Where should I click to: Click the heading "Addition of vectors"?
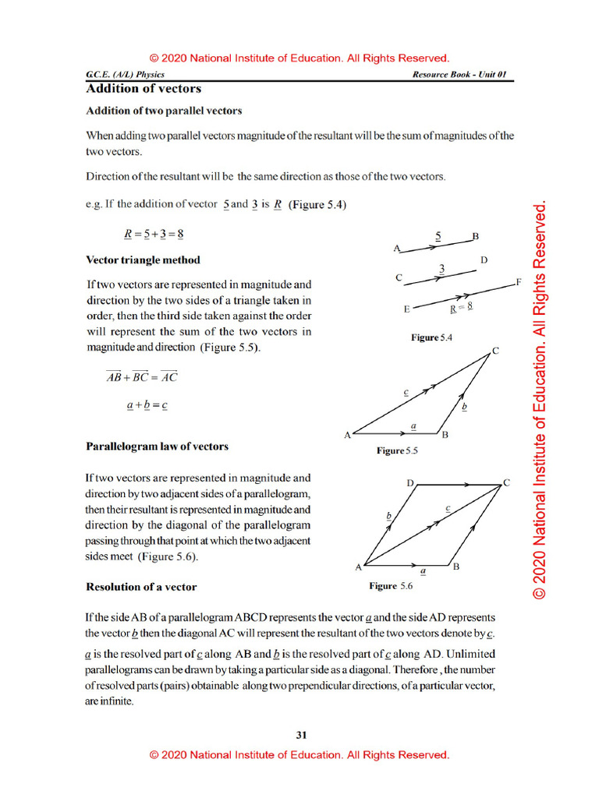[144, 89]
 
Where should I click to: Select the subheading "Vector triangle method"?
[143, 260]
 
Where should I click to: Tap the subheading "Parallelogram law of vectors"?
[157, 447]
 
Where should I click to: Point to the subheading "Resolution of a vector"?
[141, 586]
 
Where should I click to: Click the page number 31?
[302, 734]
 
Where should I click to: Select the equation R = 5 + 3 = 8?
[154, 233]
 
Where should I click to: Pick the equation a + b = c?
[147, 405]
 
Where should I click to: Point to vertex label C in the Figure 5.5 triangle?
[494, 351]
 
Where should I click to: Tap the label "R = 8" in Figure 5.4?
[462, 308]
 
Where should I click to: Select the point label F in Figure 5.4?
[518, 281]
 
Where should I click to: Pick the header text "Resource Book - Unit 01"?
[460, 75]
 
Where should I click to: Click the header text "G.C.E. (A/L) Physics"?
[126, 75]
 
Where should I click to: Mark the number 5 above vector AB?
[438, 234]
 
